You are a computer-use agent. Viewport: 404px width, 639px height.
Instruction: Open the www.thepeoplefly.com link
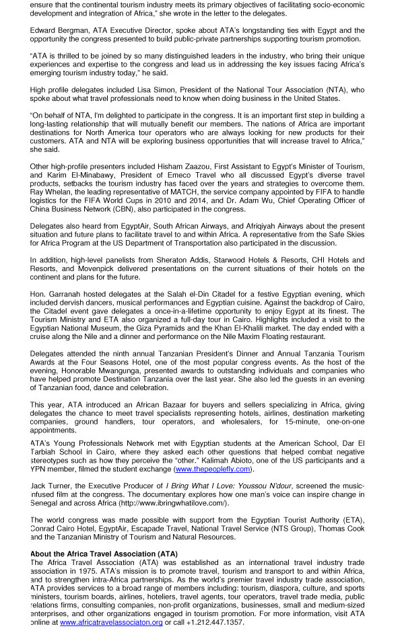click(213, 469)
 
